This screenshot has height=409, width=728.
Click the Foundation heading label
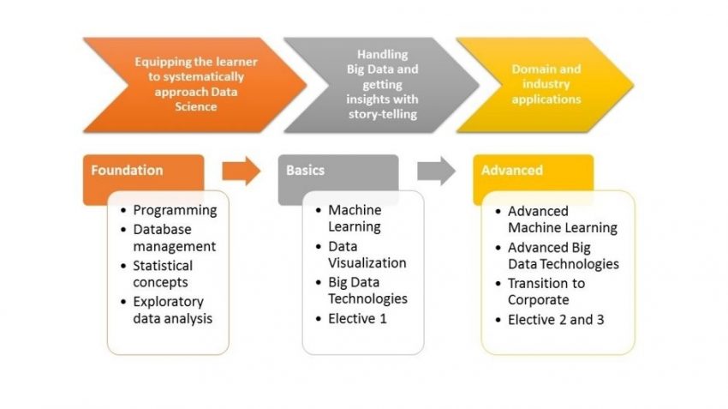point(127,170)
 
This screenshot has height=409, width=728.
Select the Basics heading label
point(305,170)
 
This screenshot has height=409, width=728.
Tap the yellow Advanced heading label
point(511,170)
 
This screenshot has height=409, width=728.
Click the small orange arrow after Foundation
point(242,171)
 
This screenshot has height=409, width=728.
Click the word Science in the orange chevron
point(196,107)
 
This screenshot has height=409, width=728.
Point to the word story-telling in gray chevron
point(383,114)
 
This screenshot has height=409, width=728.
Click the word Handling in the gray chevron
point(383,54)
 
